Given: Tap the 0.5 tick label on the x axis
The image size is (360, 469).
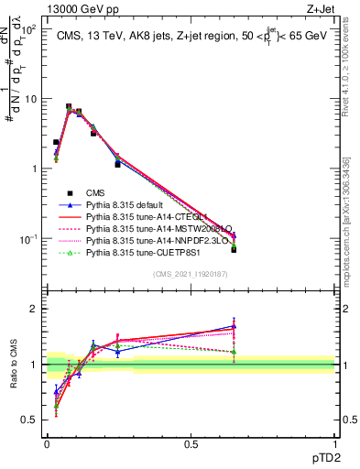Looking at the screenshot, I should point(191,442).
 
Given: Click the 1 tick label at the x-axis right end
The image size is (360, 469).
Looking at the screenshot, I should point(334,442).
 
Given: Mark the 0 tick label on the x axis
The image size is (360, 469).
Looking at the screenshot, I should point(47,442).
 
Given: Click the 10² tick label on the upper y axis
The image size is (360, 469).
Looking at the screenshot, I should point(27,29).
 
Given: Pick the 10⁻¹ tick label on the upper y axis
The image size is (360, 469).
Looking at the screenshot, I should point(27,239).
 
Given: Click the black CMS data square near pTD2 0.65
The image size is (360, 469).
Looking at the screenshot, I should point(234,249).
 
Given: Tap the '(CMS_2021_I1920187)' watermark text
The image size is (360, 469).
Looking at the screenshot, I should point(191,274).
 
